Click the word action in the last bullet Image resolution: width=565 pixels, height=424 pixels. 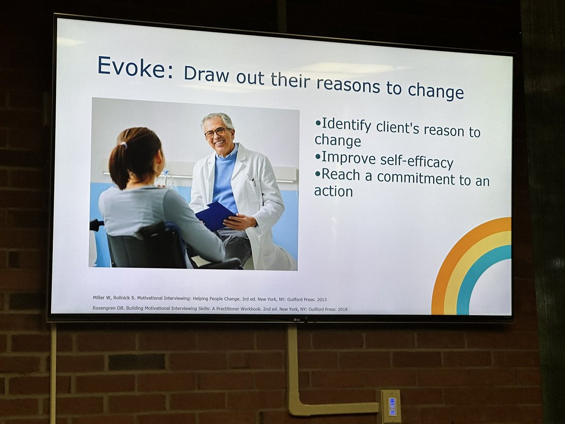point(333,191)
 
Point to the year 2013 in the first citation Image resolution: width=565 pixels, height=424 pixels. point(320,299)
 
